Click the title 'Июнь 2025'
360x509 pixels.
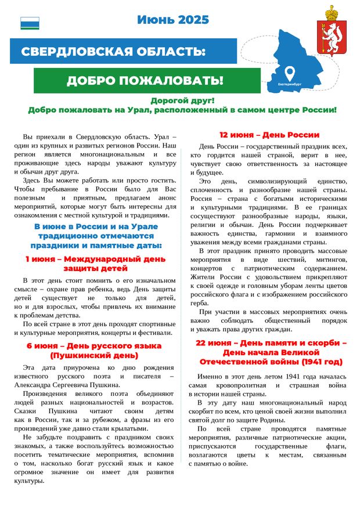click(x=172, y=20)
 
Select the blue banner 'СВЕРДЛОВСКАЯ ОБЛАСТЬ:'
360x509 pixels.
click(x=113, y=52)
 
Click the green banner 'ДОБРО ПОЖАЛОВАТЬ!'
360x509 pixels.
click(x=145, y=81)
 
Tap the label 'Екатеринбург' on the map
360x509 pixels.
click(x=290, y=84)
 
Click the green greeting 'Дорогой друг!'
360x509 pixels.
click(x=182, y=100)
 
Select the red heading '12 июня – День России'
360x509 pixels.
click(x=269, y=135)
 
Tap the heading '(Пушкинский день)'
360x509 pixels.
click(x=93, y=355)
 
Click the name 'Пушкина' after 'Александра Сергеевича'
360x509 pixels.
click(x=105, y=384)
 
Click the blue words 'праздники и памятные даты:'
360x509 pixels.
click(x=96, y=246)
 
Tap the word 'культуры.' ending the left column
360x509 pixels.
click(x=28, y=481)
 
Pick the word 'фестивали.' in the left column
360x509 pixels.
click(x=155, y=333)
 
